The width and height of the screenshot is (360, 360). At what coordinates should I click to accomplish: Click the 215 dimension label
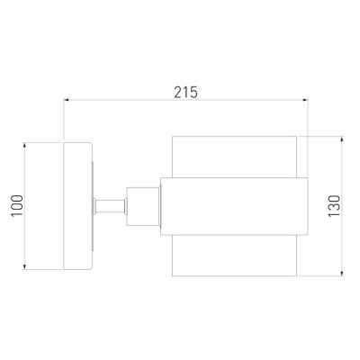[186, 92]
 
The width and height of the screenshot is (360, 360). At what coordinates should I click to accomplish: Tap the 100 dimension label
[17, 205]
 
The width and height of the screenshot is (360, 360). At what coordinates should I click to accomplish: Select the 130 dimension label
[335, 206]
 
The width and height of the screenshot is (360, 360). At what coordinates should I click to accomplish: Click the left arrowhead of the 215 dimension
[67, 100]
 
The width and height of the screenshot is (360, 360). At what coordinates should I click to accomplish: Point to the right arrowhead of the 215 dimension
[305, 100]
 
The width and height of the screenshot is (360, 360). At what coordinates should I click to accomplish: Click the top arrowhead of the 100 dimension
[25, 146]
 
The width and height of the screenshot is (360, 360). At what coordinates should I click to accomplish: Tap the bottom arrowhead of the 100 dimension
[25, 266]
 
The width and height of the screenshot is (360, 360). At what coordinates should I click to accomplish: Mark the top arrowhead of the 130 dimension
[342, 139]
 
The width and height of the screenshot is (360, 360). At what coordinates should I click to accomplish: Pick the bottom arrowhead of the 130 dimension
[342, 273]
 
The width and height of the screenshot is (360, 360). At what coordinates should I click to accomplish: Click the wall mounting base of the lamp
[77, 206]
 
